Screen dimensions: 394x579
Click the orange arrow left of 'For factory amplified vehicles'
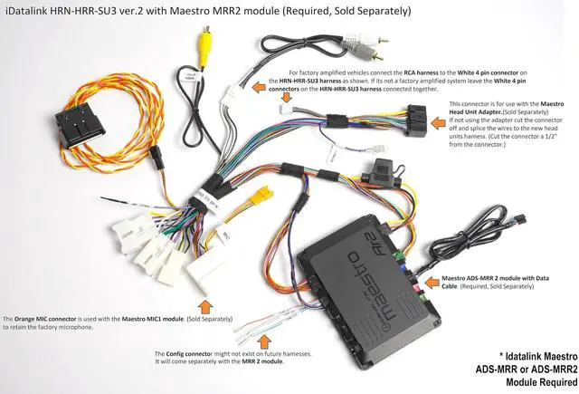[272, 82]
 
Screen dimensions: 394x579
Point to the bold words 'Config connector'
[186, 353]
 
